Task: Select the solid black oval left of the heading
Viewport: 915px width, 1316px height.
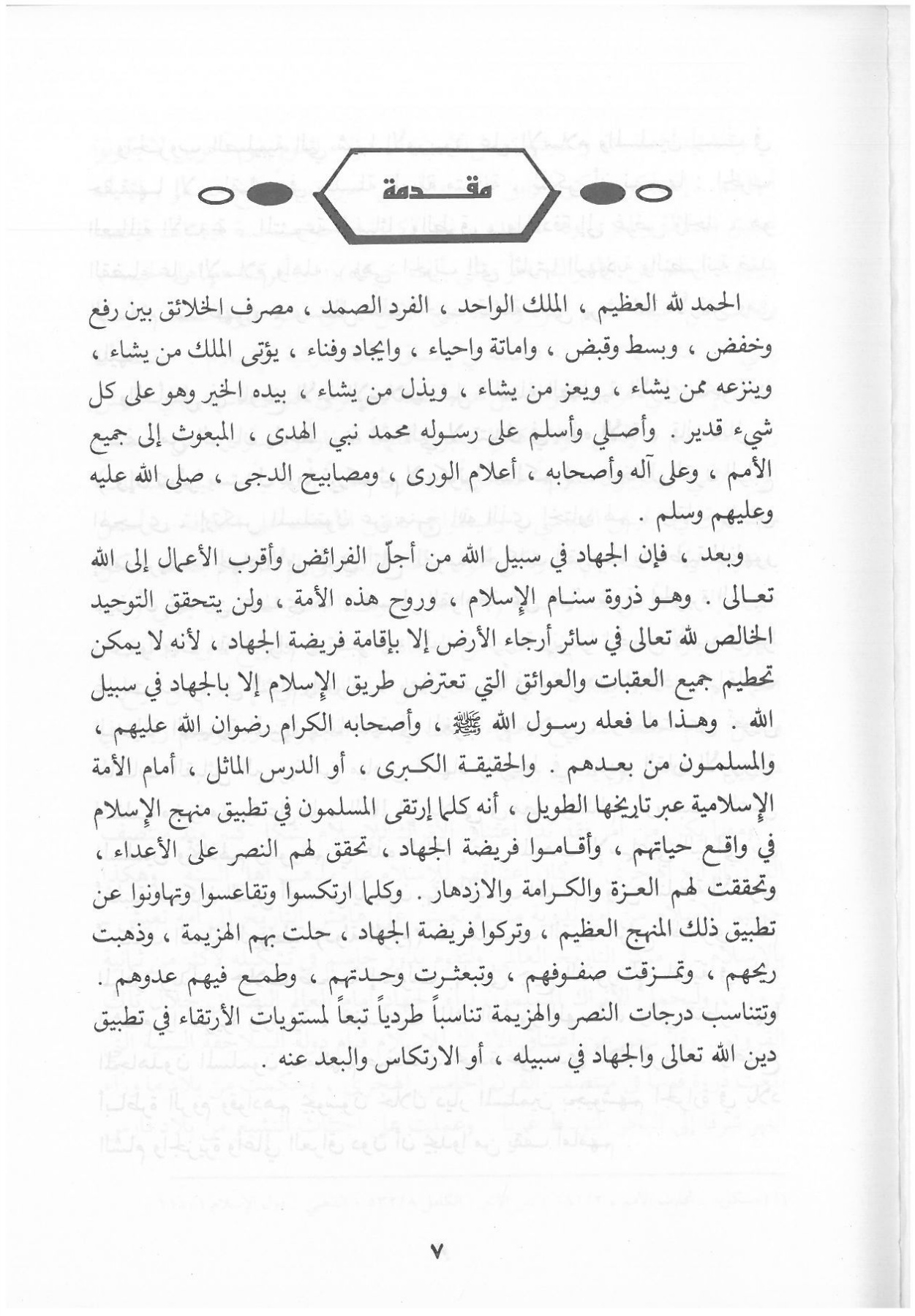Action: [270, 194]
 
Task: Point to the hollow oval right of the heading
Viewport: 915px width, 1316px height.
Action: [654, 194]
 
